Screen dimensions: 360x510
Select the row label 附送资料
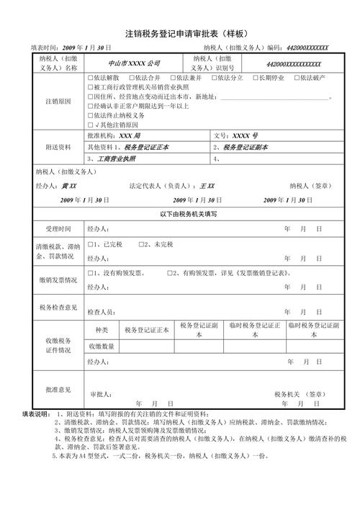58,146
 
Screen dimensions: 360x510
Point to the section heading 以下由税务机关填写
179,214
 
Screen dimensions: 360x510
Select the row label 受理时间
58,228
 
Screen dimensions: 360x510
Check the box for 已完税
89,245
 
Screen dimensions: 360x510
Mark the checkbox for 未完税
141,245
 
